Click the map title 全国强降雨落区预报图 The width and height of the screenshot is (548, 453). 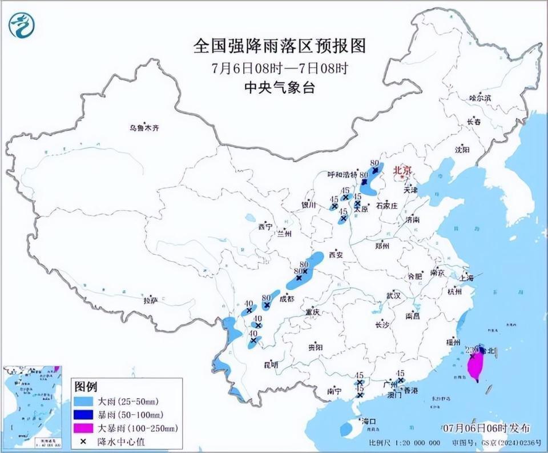(279, 46)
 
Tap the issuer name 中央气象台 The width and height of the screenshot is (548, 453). (279, 87)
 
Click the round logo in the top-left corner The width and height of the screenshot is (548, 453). (22, 25)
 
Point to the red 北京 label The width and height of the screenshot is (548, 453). (402, 170)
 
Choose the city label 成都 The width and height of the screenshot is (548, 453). (287, 299)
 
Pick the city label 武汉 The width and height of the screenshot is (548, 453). (393, 296)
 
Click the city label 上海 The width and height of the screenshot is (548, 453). (466, 278)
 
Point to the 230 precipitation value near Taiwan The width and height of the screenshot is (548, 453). (472, 349)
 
